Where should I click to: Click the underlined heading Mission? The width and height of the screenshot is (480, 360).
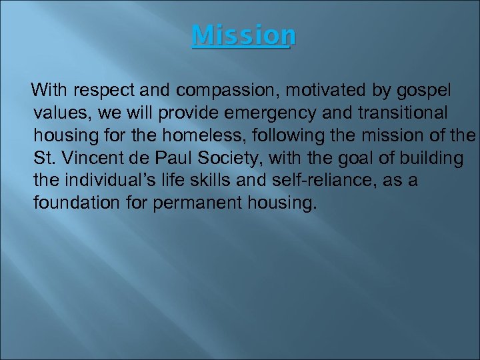[243, 35]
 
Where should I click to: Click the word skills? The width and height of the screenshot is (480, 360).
[232, 180]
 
